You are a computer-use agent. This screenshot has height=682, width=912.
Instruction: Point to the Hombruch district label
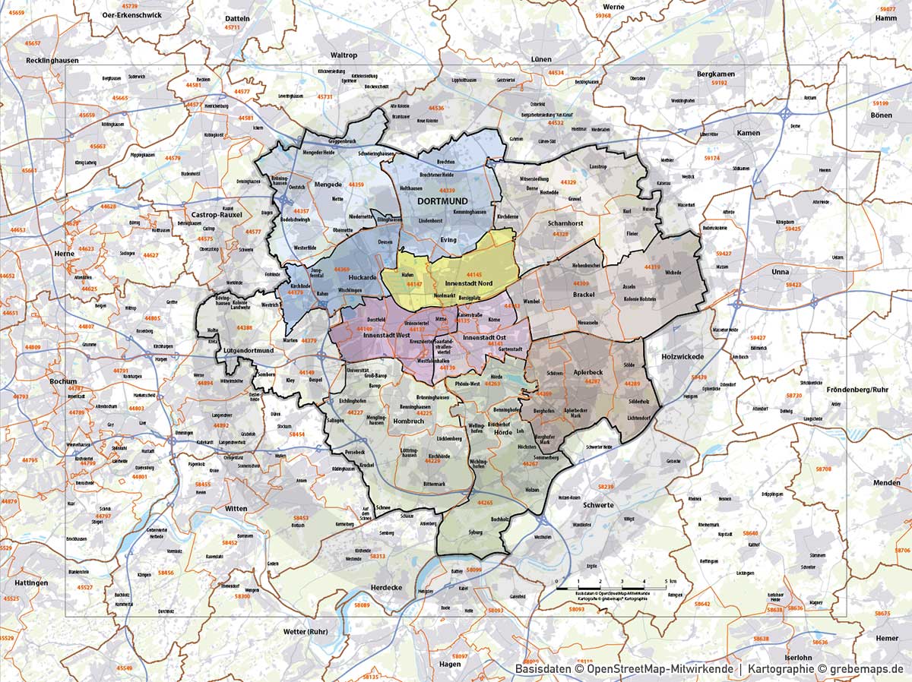tap(408, 421)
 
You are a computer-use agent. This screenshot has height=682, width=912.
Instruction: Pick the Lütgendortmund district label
tap(238, 350)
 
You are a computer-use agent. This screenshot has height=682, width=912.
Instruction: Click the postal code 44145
tap(474, 274)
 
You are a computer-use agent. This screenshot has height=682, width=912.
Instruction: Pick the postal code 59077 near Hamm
tap(887, 9)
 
